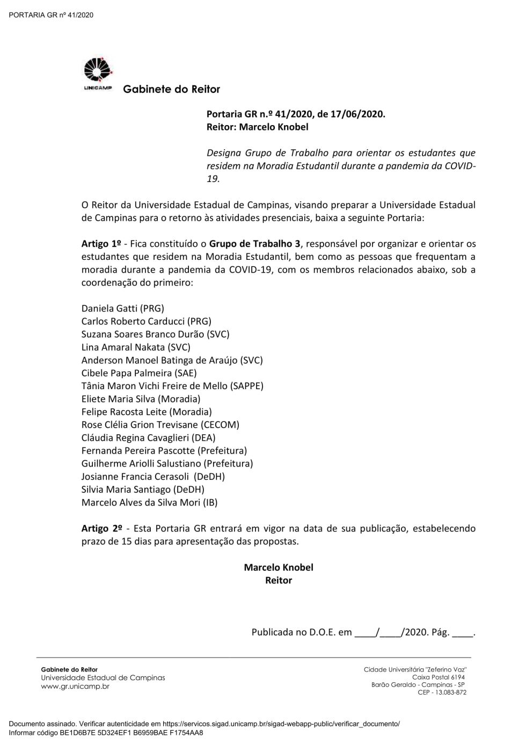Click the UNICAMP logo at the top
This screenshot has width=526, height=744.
[98, 75]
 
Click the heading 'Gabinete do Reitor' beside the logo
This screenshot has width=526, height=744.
[171, 89]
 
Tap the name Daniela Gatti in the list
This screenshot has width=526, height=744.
[109, 308]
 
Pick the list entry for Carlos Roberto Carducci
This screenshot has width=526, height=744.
[133, 321]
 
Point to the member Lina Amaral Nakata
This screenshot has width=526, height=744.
[123, 347]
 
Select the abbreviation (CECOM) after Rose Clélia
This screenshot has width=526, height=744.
[220, 425]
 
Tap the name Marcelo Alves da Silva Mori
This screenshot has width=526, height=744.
[141, 502]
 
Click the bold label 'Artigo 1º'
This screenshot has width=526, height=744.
[100, 244]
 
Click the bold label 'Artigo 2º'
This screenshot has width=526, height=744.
[100, 528]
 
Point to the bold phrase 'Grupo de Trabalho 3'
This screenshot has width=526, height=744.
[255, 244]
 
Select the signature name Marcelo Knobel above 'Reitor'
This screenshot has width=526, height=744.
[279, 567]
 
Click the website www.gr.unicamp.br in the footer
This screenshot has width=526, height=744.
[75, 686]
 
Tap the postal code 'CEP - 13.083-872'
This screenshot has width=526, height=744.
[442, 692]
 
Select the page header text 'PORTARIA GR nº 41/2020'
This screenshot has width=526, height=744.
[52, 14]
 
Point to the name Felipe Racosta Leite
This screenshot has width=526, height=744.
[125, 412]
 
